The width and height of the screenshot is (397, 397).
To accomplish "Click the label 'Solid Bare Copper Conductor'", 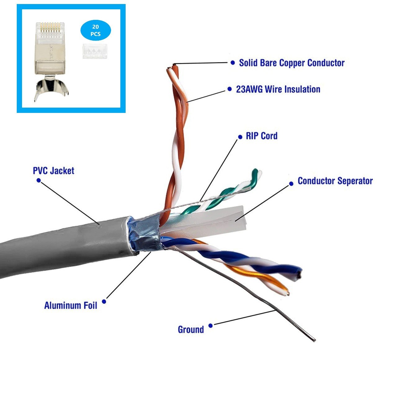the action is (x=292, y=63).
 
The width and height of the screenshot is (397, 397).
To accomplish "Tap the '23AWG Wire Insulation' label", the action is (x=278, y=89).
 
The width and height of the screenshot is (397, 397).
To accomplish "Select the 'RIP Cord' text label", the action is (x=262, y=136).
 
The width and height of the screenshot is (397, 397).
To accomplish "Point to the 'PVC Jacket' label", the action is (x=54, y=171).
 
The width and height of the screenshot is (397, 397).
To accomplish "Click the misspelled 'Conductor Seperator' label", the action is (x=335, y=181).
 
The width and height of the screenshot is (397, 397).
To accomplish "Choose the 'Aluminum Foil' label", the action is (x=71, y=306).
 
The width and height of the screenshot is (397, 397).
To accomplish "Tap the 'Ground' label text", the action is (x=191, y=329).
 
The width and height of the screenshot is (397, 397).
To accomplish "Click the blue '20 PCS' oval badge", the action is (x=96, y=30).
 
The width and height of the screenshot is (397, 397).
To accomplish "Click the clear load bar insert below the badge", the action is (x=95, y=51).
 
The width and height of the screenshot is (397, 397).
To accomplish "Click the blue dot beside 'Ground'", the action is (x=210, y=326).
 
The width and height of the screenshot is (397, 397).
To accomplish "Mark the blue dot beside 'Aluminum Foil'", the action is (x=104, y=301).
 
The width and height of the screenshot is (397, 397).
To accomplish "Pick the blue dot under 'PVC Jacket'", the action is (x=38, y=180).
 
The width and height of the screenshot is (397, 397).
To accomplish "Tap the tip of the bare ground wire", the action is (x=314, y=340).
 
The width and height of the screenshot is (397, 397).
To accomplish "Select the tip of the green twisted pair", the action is (x=257, y=172).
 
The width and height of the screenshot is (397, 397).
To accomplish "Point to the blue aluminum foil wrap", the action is (x=144, y=235).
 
